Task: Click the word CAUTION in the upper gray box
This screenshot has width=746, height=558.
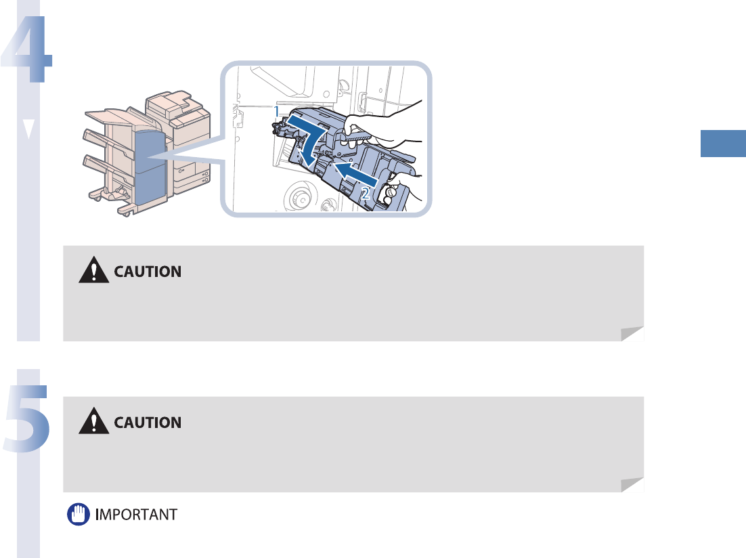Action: [148, 272]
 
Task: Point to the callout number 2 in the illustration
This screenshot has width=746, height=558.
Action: [366, 193]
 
